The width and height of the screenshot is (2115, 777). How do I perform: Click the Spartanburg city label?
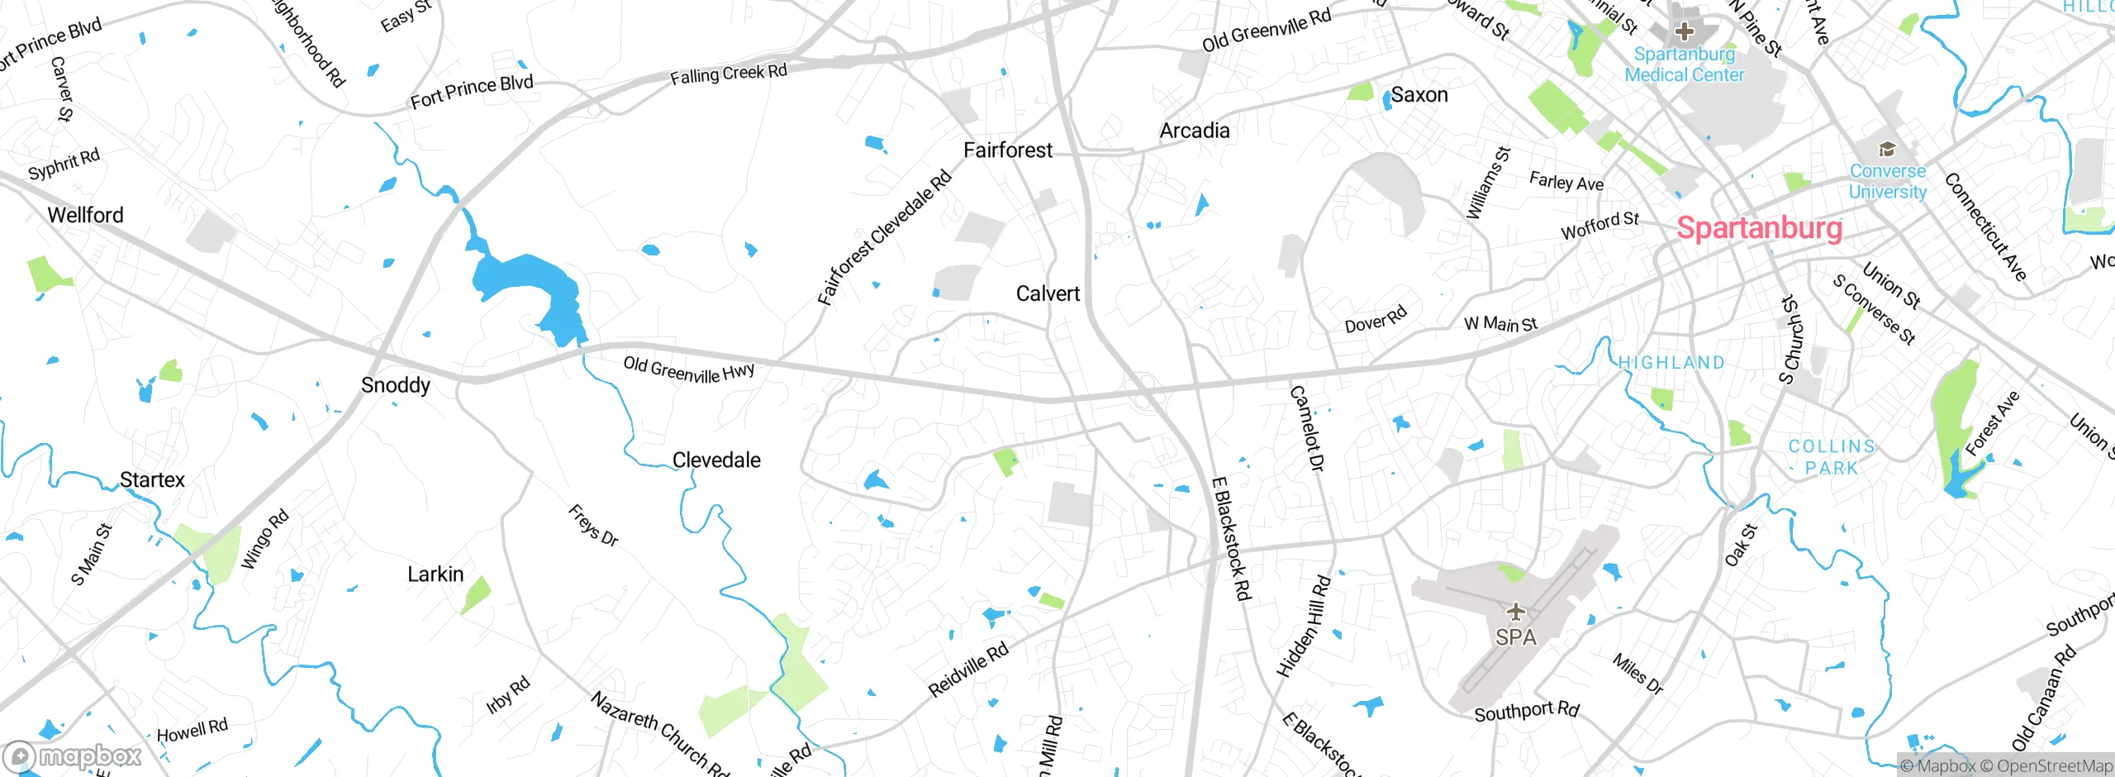click(1759, 227)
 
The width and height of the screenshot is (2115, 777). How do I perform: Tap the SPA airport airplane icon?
click(1515, 613)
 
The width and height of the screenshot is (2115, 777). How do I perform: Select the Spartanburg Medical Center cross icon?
click(1684, 32)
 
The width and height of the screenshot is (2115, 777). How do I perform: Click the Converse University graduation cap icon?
click(1887, 150)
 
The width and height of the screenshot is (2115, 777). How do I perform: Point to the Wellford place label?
click(85, 215)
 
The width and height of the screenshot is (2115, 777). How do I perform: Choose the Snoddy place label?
click(396, 385)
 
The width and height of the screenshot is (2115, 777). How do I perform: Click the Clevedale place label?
click(716, 460)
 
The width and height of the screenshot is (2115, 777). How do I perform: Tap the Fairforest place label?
click(1008, 150)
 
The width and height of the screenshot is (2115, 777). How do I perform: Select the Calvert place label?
click(1048, 293)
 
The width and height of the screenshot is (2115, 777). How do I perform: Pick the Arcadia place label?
click(1195, 131)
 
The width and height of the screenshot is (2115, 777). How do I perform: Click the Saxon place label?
click(1419, 95)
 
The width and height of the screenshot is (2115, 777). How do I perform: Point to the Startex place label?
click(152, 480)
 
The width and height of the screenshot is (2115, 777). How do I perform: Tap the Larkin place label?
click(435, 574)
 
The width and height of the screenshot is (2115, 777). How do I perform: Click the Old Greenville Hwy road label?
click(688, 369)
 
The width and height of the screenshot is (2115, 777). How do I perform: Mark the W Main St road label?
click(1500, 324)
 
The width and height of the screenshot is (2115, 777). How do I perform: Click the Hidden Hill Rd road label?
click(1305, 627)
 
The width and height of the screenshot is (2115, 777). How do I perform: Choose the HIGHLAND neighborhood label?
click(1671, 363)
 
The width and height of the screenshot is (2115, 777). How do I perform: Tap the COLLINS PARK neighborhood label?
click(1832, 457)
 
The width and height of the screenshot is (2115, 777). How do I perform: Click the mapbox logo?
click(73, 756)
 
